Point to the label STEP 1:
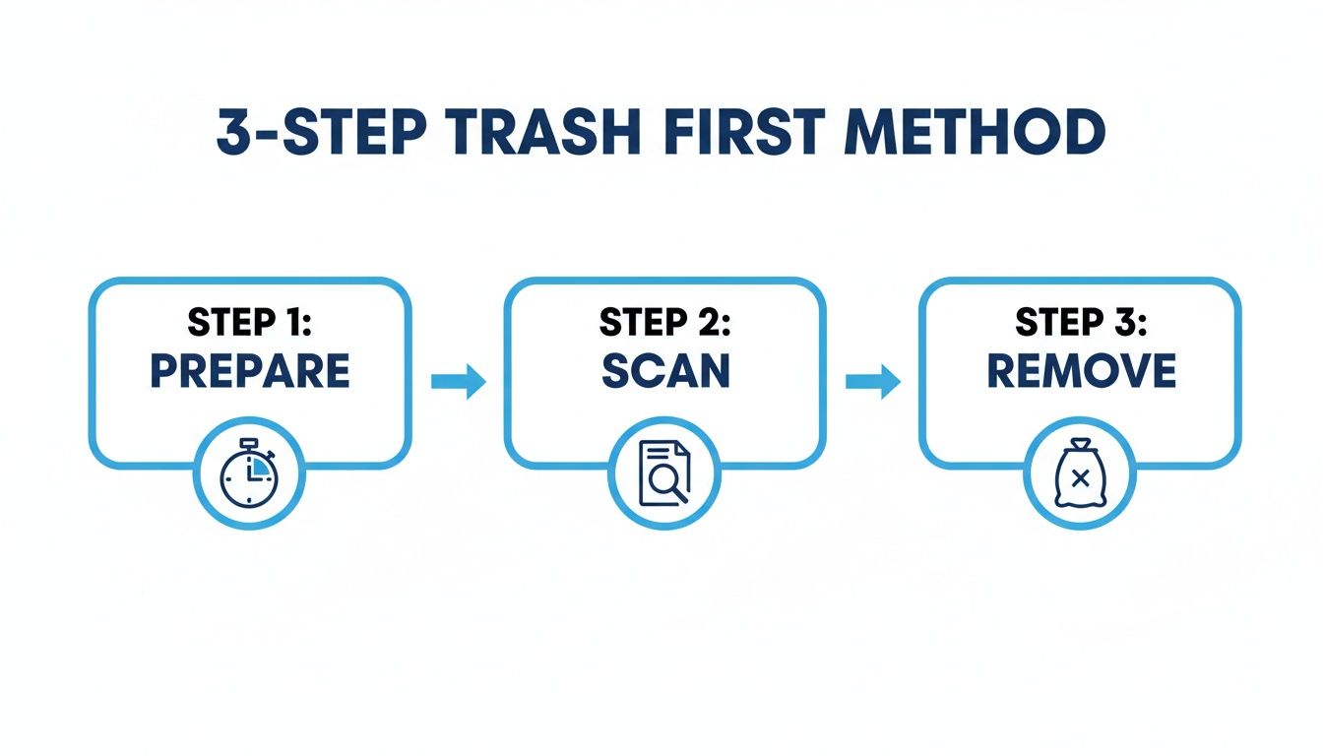pos(250,323)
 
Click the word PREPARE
pos(250,371)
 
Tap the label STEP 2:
pos(665,323)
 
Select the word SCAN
pos(665,371)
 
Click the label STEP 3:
pos(1081,323)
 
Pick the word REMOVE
pos(1081,371)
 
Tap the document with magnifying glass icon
pos(664,473)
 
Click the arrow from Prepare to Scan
pos(459,381)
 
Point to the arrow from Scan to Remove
pos(874,381)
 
